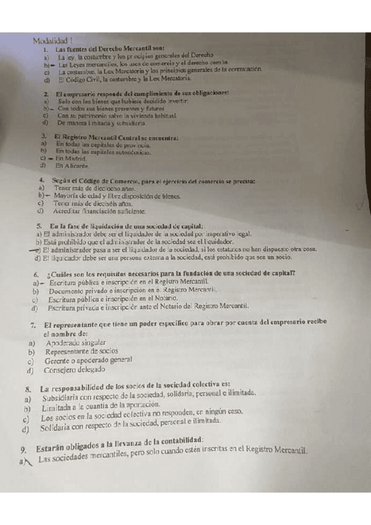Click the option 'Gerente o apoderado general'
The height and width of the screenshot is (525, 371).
(x=89, y=361)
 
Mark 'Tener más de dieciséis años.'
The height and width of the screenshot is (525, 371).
(x=93, y=202)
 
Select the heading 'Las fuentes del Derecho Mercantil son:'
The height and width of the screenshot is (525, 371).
(x=110, y=48)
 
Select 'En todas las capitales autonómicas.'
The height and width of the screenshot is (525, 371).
(x=102, y=150)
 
